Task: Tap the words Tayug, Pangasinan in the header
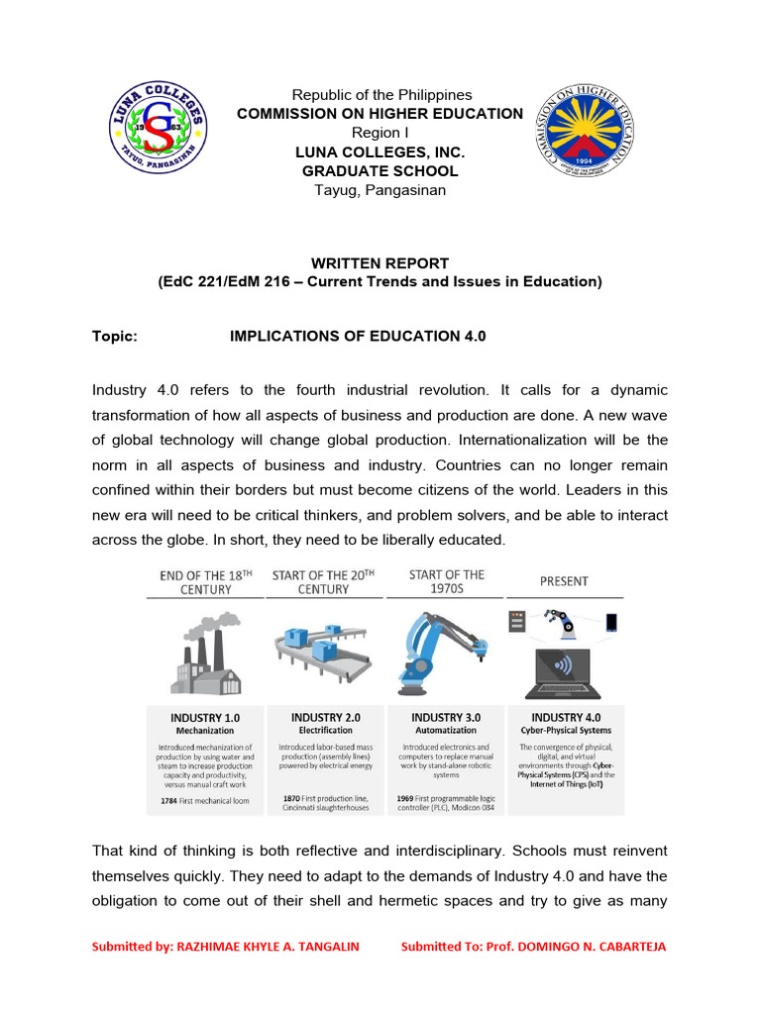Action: click(380, 190)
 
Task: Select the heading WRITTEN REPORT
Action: click(380, 263)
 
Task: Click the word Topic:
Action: click(115, 337)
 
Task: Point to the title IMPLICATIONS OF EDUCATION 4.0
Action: click(358, 337)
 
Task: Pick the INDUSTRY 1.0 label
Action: click(205, 718)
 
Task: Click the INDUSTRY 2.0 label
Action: click(325, 717)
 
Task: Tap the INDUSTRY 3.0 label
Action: click(446, 717)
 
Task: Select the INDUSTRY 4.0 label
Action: click(566, 718)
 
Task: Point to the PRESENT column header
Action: click(564, 581)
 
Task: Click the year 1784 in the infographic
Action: click(168, 799)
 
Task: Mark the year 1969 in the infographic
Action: click(405, 797)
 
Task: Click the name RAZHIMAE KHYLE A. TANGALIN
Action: click(268, 947)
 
